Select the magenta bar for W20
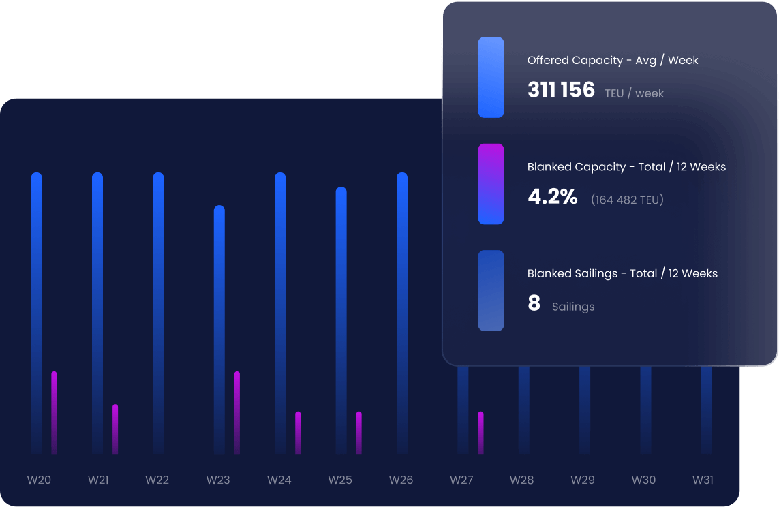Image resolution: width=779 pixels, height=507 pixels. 54,412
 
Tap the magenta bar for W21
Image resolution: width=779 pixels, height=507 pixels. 115,429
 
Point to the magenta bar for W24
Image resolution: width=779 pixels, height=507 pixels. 298,432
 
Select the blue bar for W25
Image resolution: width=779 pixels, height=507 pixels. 341,320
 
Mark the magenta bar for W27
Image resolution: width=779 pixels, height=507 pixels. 480,432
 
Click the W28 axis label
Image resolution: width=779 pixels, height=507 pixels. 522,480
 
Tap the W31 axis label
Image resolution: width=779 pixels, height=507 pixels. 703,480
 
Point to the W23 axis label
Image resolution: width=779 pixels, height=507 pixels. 218,480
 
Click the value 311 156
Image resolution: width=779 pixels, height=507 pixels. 561,90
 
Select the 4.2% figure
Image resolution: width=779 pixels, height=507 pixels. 553,197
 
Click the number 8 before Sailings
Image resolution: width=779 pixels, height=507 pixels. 534,304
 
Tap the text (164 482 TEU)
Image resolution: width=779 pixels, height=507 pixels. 627,200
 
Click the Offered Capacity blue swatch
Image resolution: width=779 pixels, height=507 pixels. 491,77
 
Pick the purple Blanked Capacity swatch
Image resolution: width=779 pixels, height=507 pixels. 491,184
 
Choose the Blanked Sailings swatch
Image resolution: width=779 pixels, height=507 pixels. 491,290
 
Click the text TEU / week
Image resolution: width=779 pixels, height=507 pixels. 634,93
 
